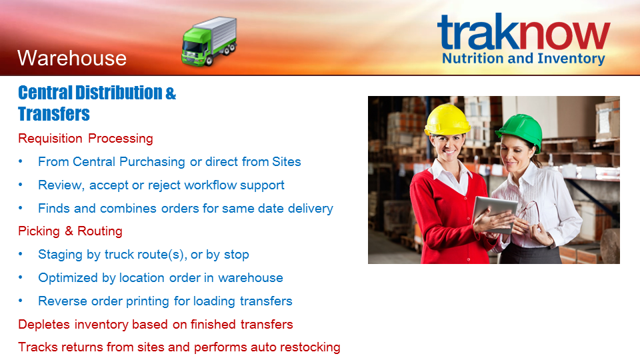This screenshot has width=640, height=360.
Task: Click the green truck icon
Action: (209, 41)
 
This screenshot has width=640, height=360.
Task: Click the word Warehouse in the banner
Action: (72, 58)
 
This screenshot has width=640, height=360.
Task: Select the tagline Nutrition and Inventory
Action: (523, 59)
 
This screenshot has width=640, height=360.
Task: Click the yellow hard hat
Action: (447, 119)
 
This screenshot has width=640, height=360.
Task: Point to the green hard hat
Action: (521, 131)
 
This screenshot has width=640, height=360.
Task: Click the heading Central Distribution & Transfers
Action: (97, 103)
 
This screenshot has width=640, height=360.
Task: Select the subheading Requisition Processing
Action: (85, 139)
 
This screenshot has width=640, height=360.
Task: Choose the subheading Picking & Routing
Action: (70, 231)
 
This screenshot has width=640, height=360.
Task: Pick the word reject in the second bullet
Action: (164, 185)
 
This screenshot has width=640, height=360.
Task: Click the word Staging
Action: (61, 255)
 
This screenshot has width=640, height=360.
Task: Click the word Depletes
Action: (44, 324)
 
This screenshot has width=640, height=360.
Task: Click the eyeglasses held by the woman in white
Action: (529, 213)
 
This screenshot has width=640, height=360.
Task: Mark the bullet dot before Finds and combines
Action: (21, 208)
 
